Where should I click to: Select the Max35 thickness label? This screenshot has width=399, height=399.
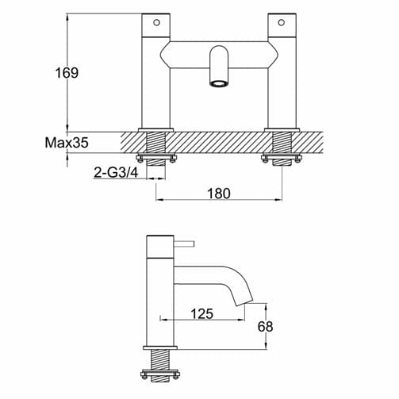[x=67, y=144]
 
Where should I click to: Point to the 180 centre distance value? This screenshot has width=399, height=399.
[x=219, y=194]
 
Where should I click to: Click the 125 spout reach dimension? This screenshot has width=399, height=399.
[x=201, y=314]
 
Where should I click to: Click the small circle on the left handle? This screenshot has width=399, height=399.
[x=155, y=22]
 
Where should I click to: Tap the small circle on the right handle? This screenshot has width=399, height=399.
[x=283, y=22]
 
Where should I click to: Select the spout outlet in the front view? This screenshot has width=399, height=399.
[x=219, y=82]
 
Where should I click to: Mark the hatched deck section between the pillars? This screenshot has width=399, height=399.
[x=219, y=144]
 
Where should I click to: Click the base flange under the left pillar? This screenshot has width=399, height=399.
[x=155, y=129]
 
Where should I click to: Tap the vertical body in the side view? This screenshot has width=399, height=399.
[x=160, y=293]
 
